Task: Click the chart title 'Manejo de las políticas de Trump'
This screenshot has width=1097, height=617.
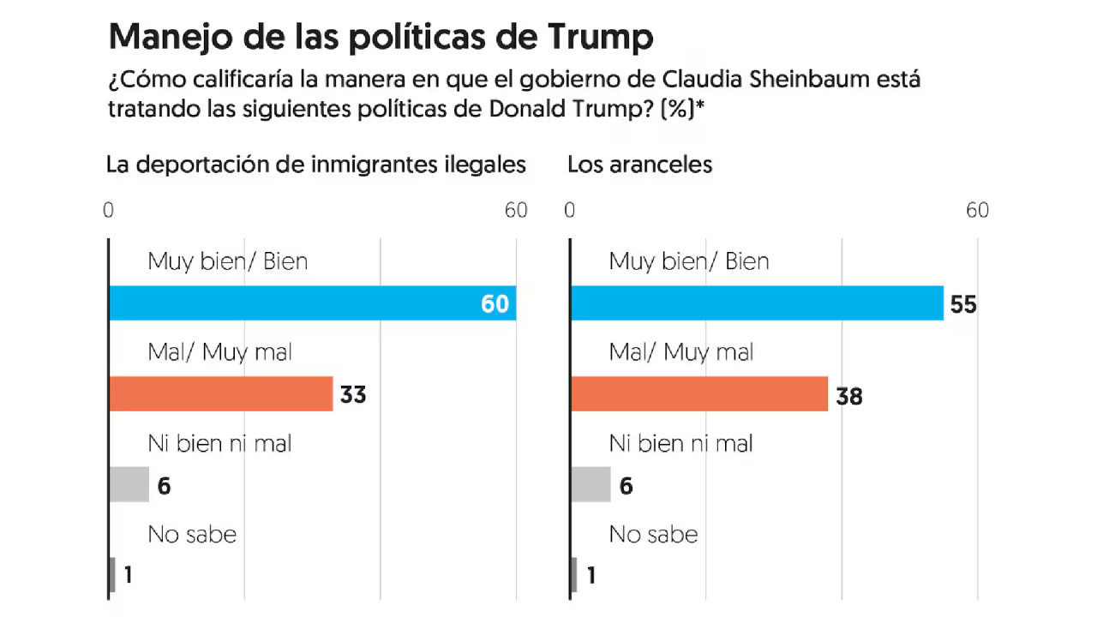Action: pyautogui.click(x=381, y=37)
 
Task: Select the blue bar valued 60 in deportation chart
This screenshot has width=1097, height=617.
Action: pyautogui.click(x=312, y=303)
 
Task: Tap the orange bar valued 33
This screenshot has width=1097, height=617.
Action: pyautogui.click(x=220, y=394)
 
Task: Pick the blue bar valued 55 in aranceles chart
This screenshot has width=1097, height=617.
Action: pyautogui.click(x=756, y=303)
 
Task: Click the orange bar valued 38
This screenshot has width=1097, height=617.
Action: pyautogui.click(x=698, y=394)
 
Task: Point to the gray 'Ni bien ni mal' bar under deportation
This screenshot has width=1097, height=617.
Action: pyautogui.click(x=129, y=485)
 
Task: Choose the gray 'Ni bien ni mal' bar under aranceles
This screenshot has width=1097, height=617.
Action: pyautogui.click(x=590, y=485)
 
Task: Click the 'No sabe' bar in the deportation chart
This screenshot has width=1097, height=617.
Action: pyautogui.click(x=112, y=575)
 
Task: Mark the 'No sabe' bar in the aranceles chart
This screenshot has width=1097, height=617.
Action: pyautogui.click(x=574, y=575)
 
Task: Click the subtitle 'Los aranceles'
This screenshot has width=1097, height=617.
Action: pyautogui.click(x=639, y=165)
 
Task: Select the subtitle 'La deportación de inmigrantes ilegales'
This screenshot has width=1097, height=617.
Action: pyautogui.click(x=315, y=165)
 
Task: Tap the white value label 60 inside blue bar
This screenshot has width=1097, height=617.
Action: pyautogui.click(x=495, y=304)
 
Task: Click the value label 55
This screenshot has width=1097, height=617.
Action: pyautogui.click(x=963, y=304)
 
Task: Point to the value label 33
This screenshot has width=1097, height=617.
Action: pyautogui.click(x=352, y=395)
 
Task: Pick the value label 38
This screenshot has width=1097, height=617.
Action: pyautogui.click(x=848, y=395)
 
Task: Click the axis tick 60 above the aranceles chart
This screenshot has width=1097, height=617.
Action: pyautogui.click(x=977, y=211)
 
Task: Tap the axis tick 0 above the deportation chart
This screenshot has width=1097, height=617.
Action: pyautogui.click(x=109, y=211)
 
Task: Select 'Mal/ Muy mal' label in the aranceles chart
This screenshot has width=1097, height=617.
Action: pyautogui.click(x=681, y=351)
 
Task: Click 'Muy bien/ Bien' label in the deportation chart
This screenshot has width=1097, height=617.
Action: pyautogui.click(x=227, y=261)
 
